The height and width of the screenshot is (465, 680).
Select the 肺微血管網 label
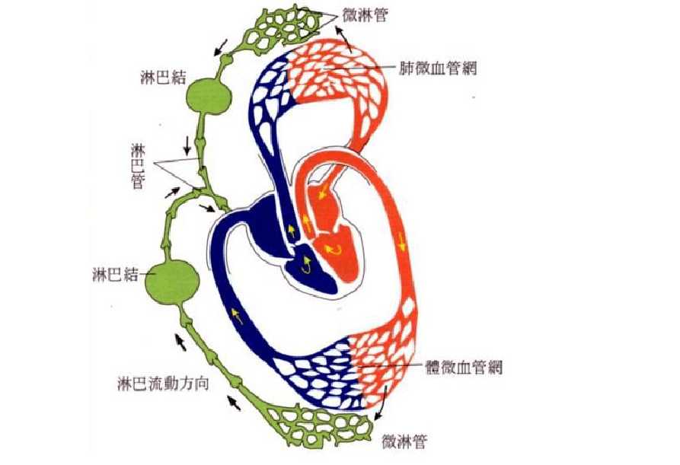(x=438, y=67)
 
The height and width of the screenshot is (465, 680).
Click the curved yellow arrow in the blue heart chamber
(x=305, y=266)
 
